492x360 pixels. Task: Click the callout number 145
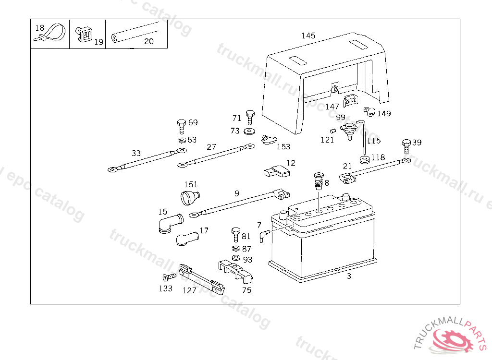(x=308, y=36)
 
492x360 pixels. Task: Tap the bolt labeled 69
(x=182, y=126)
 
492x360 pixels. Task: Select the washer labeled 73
(x=249, y=131)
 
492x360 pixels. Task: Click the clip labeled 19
(x=85, y=35)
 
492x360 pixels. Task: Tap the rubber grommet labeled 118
(x=364, y=159)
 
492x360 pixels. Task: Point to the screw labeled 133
(x=169, y=277)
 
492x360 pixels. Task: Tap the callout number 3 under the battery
(x=349, y=276)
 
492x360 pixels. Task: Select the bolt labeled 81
(x=235, y=234)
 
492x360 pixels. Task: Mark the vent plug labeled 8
(x=318, y=181)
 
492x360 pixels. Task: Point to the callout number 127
(x=189, y=290)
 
